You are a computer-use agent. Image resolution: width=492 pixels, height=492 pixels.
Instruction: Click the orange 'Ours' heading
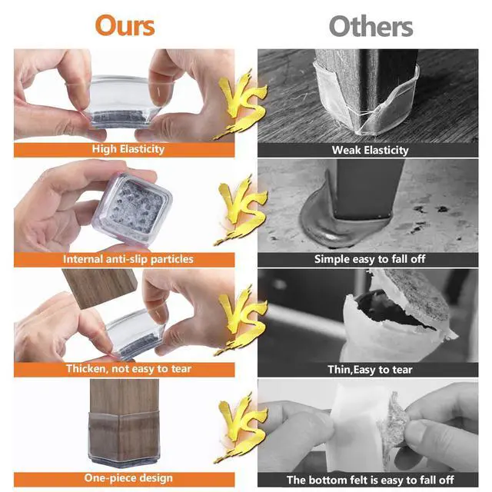[125, 25]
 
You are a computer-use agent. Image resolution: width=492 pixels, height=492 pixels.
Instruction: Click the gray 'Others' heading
[371, 26]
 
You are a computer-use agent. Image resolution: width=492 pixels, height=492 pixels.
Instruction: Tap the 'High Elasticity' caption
[128, 149]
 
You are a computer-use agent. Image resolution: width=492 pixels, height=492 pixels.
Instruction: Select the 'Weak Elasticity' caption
[371, 150]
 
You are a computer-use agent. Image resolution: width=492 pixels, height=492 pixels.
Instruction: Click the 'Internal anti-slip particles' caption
[128, 260]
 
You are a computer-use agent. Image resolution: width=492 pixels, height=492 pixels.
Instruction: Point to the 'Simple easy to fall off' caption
[370, 260]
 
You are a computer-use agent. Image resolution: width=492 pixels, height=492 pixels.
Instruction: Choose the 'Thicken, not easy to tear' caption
[128, 369]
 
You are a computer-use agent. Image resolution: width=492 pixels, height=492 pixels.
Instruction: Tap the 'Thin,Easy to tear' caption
[370, 370]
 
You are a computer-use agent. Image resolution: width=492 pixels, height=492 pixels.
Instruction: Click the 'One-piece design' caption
[128, 478]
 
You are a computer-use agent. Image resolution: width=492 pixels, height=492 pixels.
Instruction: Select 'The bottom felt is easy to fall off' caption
[371, 480]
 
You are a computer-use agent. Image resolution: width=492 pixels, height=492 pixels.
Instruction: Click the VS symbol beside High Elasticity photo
[241, 104]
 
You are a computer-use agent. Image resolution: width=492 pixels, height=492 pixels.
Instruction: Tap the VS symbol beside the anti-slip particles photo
[241, 210]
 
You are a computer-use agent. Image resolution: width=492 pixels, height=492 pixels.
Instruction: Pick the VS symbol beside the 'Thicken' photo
[241, 320]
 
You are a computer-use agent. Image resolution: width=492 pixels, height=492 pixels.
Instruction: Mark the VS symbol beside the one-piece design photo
[241, 428]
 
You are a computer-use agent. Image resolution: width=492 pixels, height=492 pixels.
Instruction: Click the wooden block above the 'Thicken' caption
[100, 287]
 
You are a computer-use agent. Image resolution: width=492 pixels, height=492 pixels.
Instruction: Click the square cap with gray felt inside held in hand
[132, 208]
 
